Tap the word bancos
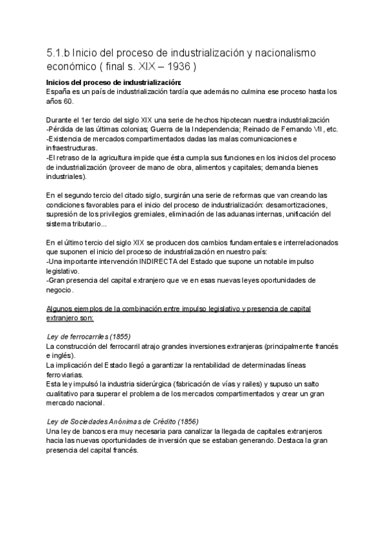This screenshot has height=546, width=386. click(94, 431)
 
